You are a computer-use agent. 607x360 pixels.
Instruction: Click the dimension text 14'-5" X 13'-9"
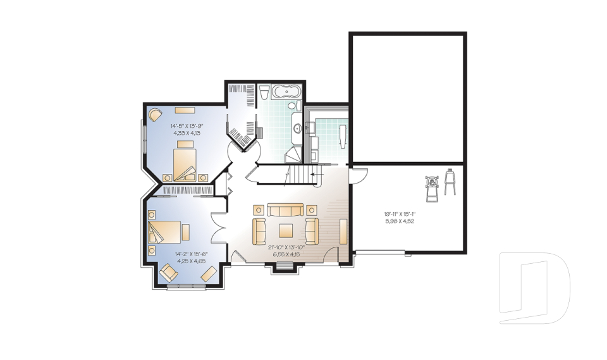coord(186,126)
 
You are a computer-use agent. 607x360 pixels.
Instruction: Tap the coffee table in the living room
coord(286,230)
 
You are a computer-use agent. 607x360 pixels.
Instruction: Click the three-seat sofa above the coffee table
coord(285,210)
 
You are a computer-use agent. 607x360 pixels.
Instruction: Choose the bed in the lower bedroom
coord(166,232)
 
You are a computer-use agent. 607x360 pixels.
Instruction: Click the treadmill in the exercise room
coord(432,187)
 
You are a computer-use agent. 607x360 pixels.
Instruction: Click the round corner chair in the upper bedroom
coord(155,115)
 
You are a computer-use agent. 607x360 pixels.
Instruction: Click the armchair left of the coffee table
coord(259,230)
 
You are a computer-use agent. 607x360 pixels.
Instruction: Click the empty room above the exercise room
coord(407,98)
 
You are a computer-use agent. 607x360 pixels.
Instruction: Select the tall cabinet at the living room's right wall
coord(343,231)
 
